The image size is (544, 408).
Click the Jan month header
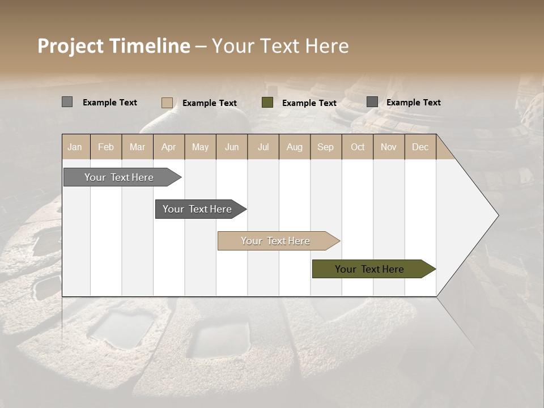(75, 147)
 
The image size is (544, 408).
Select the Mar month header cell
(137, 147)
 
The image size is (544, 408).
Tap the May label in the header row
(200, 147)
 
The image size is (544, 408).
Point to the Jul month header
(263, 147)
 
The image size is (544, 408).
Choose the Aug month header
(294, 147)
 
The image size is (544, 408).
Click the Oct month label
(358, 147)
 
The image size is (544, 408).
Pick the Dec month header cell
(420, 147)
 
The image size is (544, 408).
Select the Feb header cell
(106, 147)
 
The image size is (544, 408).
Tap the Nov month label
(388, 147)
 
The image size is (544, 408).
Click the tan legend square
(167, 103)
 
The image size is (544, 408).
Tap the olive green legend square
(267, 103)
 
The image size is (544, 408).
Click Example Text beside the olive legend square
(309, 103)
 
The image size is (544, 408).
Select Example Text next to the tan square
(209, 103)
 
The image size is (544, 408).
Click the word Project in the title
(71, 46)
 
